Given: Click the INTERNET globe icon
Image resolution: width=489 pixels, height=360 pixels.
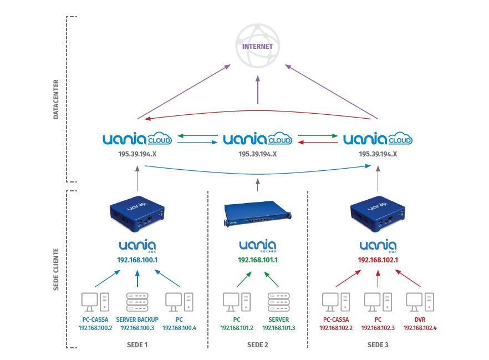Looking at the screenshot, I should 258,47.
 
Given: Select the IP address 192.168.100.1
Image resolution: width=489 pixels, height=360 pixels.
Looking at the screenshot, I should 137,259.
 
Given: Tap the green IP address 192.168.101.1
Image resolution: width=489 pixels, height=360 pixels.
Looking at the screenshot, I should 258,259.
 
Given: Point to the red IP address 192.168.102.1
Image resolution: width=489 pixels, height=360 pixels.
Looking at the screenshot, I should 378,259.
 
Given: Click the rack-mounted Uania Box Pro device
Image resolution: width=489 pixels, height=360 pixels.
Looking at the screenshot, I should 258,214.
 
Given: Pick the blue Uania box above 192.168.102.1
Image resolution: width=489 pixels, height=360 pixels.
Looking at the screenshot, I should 378,211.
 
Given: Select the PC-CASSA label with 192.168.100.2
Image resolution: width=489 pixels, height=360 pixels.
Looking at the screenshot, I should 95,323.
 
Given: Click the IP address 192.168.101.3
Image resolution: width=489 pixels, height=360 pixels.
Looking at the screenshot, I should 279,328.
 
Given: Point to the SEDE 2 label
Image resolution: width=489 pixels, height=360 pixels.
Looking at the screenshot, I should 258,345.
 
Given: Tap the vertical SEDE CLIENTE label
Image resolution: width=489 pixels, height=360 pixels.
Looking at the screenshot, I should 56,270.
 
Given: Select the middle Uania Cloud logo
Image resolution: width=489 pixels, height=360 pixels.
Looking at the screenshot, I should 258,139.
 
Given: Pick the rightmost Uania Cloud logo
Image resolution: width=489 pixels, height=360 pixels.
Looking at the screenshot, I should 378,139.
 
